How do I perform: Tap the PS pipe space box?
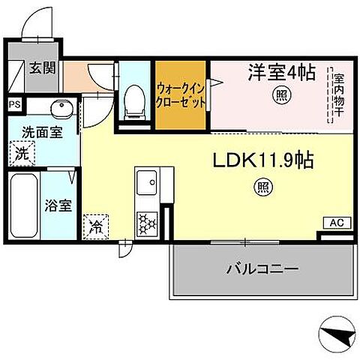point(15,105)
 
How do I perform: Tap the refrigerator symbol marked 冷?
point(96,223)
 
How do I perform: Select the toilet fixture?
point(136,99)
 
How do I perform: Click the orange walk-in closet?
point(181,95)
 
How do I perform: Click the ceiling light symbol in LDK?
point(263,187)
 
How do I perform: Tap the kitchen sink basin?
point(145,182)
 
